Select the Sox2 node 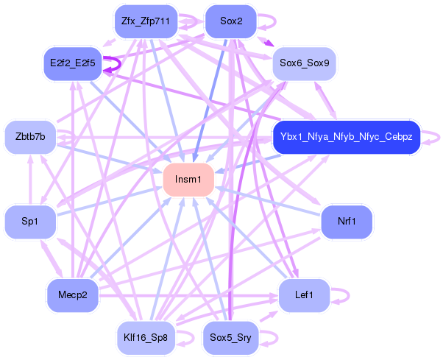tap(231, 21)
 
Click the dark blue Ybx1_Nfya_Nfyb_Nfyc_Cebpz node tap(346, 137)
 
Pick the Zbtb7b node tap(30, 137)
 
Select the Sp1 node tap(30, 221)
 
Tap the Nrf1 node tap(347, 221)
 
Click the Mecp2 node tap(72, 295)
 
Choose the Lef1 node tap(304, 295)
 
